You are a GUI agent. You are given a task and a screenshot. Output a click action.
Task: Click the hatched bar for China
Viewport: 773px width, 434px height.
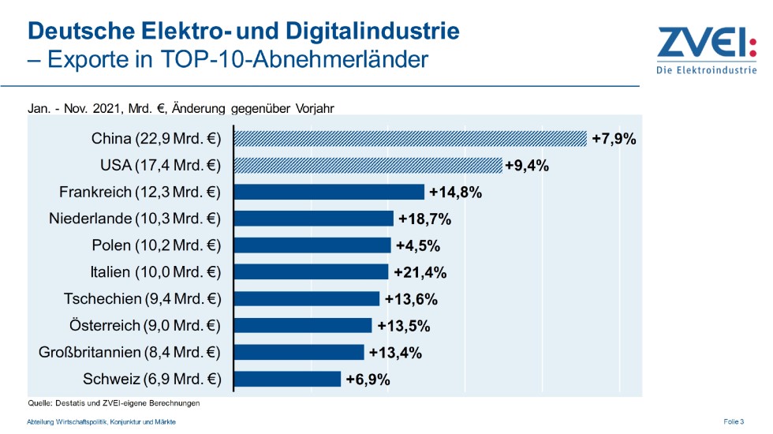point(411,139)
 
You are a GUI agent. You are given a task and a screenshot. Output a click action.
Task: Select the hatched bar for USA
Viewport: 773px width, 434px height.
point(368,165)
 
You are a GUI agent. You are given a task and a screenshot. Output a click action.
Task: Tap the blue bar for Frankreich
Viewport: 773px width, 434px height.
point(330,192)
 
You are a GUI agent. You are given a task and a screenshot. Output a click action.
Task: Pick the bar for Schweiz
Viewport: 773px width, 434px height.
point(288,380)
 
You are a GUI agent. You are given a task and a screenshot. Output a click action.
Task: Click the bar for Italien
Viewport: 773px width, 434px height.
point(312,272)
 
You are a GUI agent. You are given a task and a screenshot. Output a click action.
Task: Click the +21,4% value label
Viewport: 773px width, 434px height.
point(420,273)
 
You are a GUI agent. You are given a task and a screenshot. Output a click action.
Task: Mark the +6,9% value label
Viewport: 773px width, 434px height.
point(368,380)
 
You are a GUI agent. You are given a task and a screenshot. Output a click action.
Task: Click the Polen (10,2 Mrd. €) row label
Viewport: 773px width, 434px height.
point(156,245)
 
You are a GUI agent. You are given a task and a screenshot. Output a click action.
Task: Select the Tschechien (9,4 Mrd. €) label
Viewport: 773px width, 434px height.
point(142,299)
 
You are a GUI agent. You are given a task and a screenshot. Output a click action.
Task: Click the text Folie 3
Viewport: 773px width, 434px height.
point(733,422)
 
